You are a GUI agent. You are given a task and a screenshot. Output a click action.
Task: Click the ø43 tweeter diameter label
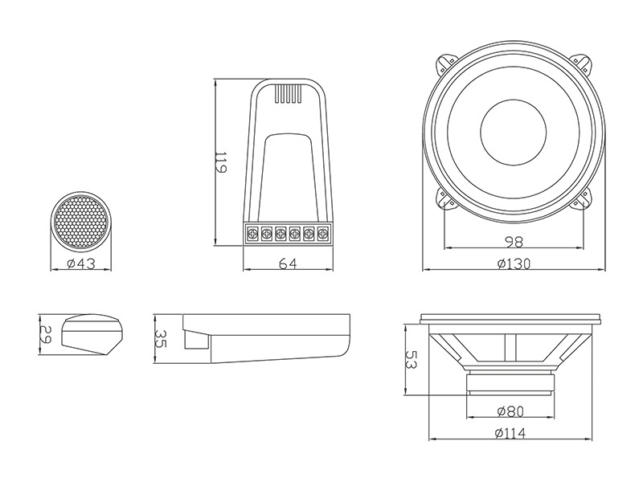click(81, 263)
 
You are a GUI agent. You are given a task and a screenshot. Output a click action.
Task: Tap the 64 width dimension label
click(288, 264)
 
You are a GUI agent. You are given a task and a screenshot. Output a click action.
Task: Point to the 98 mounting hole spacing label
click(513, 243)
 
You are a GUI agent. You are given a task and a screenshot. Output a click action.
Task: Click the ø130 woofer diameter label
click(514, 264)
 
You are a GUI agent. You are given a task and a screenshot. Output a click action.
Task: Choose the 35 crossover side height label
click(160, 338)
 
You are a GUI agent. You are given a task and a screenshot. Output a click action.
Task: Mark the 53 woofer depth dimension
click(412, 359)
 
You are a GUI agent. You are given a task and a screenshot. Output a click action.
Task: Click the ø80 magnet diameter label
click(510, 411)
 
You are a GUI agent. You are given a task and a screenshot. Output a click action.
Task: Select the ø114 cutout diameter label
click(510, 433)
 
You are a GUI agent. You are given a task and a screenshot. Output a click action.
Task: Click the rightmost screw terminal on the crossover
click(323, 234)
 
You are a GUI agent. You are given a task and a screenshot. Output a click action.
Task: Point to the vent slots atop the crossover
click(288, 93)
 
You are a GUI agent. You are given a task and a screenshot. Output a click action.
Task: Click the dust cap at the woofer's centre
click(513, 133)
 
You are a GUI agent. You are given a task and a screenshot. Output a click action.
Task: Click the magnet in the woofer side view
click(510, 381)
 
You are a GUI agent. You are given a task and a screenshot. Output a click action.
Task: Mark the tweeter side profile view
click(92, 334)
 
